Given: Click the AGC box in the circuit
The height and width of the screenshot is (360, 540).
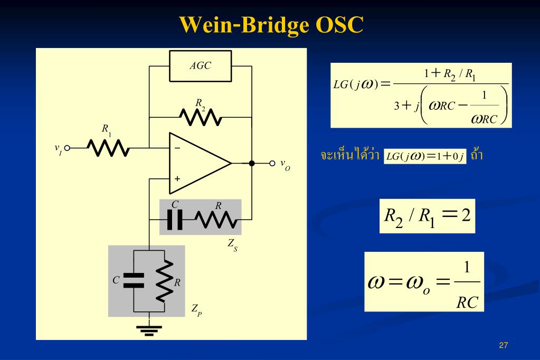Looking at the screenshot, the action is click(200, 66).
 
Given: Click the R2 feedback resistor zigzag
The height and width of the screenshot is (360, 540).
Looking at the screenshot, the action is click(200, 117).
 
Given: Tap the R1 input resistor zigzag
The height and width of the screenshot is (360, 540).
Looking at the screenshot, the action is click(108, 148).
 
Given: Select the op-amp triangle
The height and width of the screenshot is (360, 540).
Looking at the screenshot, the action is click(200, 163).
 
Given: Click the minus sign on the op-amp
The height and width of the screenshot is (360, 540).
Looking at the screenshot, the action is click(177, 148).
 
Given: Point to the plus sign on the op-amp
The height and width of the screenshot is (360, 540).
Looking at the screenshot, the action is click(177, 178).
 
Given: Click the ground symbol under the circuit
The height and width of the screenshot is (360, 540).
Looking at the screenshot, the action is click(149, 330).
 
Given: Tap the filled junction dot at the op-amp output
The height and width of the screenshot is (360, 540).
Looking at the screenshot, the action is click(252, 163).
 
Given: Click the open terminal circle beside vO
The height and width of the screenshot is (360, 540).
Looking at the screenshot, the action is click(272, 163).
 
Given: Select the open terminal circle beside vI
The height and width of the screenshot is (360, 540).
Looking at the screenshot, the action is click(67, 148).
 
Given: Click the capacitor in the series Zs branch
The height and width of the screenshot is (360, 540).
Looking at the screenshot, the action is click(175, 220).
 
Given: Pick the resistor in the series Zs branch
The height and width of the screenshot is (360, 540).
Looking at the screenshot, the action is click(216, 220).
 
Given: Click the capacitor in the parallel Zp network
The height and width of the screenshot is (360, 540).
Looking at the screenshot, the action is click(134, 280).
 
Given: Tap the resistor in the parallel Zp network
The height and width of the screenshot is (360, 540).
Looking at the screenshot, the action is click(164, 281).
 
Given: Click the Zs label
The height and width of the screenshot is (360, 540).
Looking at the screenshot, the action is click(232, 245).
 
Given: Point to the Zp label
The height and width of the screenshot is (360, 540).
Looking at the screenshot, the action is click(197, 310).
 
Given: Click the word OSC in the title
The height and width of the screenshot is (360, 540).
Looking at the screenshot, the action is click(339, 24).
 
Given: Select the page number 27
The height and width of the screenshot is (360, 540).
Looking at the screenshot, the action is click(503, 345).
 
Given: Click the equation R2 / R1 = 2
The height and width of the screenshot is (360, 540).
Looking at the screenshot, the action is click(427, 216).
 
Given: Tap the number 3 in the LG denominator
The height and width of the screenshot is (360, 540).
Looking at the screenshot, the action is click(397, 106).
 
